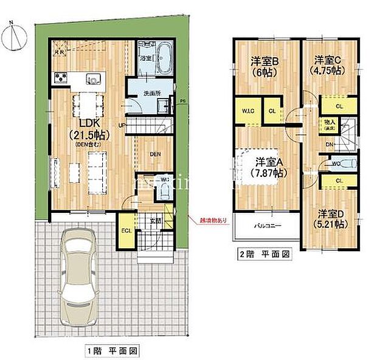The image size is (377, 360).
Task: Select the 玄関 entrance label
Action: (155, 220)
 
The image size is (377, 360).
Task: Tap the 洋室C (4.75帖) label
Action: (329, 65)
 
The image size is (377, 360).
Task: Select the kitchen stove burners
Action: (60, 78)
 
